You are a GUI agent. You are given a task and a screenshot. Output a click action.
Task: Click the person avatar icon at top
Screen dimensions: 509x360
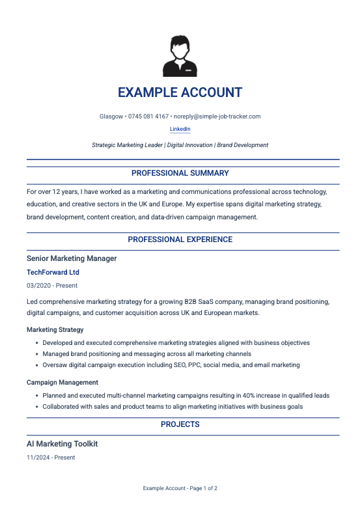pos(180,57)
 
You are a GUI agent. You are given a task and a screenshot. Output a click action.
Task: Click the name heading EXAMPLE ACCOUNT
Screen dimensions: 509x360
pos(180,92)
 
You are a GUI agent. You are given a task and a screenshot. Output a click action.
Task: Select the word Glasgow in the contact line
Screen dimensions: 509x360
pos(111,117)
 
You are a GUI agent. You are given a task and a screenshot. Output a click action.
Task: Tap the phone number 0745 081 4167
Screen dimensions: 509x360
pos(148,117)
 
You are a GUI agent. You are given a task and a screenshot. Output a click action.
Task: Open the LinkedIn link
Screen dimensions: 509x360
pos(180,130)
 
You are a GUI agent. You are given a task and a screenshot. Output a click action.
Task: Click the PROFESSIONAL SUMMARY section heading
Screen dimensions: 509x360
pos(180,173)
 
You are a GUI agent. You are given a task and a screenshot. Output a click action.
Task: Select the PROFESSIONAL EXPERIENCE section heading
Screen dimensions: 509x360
pos(180,240)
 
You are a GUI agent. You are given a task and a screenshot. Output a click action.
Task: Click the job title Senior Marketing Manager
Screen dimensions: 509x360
pos(72,258)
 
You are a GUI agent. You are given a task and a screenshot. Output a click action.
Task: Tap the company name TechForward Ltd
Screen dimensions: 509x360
pos(53,272)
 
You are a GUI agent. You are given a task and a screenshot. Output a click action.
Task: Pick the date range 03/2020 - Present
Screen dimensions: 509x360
pos(51,286)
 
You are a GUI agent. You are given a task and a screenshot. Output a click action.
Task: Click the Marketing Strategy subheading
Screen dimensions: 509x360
pos(55,330)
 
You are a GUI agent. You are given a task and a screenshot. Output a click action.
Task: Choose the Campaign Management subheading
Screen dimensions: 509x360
pos(62,383)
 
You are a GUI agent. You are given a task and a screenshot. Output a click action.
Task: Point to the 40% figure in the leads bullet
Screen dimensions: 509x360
pos(254,395)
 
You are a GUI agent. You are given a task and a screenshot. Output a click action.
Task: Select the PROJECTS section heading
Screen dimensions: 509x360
pos(180,424)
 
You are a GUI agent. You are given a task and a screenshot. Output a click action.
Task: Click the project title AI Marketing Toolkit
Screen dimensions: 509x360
pos(62,444)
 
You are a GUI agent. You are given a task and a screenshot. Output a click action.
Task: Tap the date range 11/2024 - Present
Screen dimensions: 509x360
pos(51,458)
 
